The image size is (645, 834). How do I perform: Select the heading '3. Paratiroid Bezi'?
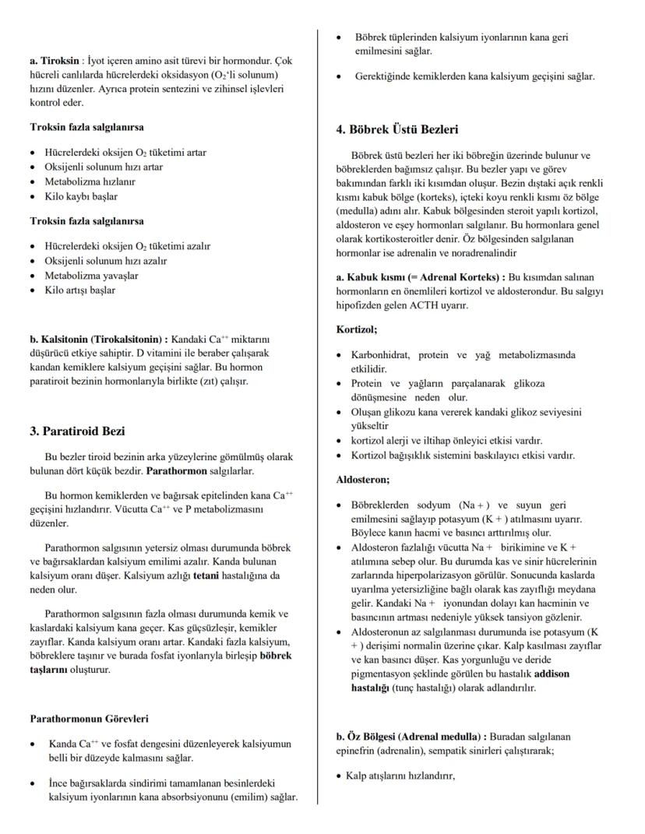click(77, 431)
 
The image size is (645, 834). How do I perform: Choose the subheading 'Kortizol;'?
click(356, 330)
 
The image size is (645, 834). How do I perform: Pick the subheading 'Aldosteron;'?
click(362, 480)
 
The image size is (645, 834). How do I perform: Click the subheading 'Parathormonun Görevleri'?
click(89, 719)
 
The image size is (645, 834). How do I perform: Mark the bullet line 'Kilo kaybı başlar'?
click(81, 197)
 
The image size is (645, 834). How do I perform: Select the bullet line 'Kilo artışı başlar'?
click(81, 290)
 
